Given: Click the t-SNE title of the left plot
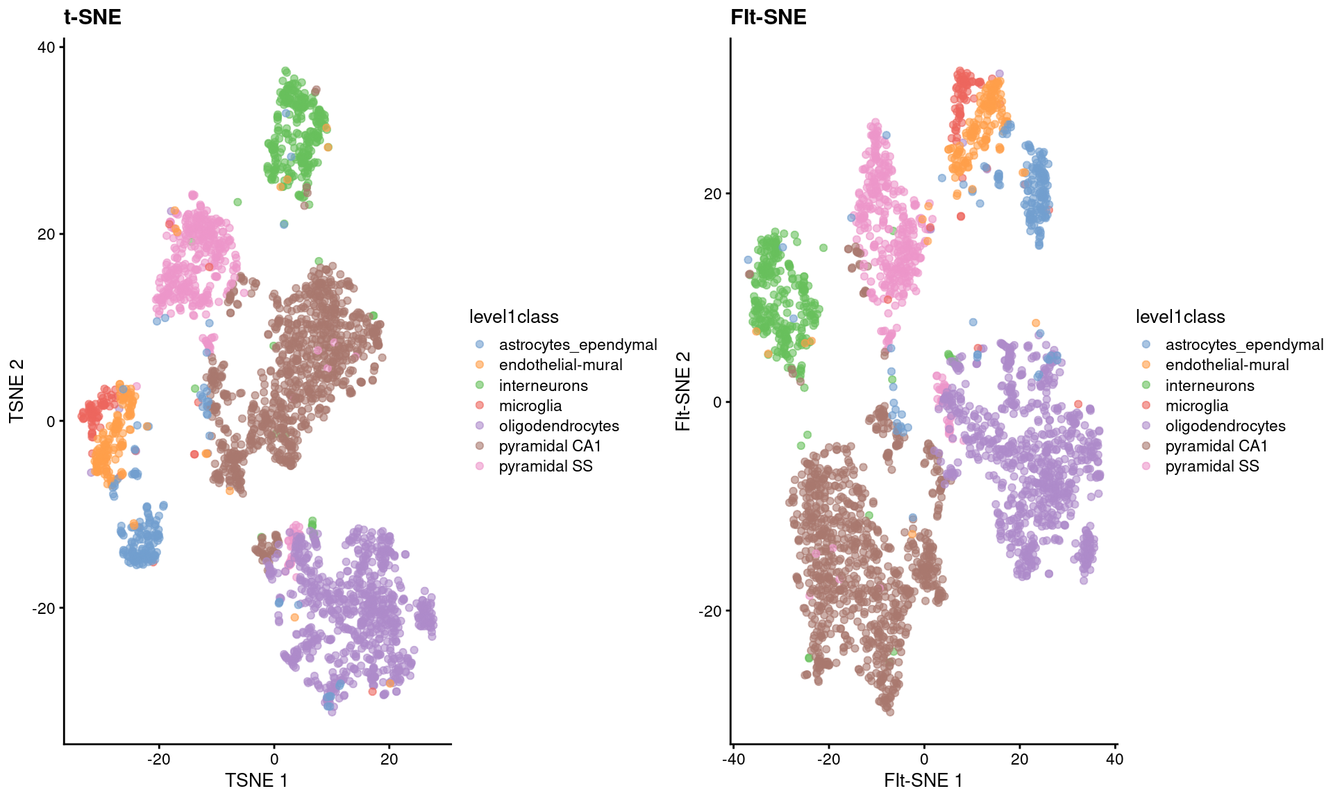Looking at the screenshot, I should click(92, 17).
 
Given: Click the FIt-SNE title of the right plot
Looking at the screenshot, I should click(768, 17).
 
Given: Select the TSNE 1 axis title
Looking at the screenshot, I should click(256, 781).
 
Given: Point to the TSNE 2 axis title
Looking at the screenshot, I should click(17, 392).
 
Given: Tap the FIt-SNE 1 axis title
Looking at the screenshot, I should click(923, 781).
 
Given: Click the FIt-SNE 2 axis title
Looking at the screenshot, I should click(683, 392).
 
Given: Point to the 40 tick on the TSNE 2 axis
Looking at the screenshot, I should click(47, 47).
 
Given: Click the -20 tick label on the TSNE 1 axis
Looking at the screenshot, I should click(158, 759).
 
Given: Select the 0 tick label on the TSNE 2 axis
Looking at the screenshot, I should click(51, 422).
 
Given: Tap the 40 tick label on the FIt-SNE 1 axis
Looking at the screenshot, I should click(1114, 759).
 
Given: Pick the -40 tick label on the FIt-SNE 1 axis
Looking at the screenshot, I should click(733, 759).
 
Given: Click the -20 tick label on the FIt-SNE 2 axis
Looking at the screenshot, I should click(710, 611).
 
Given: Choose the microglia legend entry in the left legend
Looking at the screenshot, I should click(530, 406).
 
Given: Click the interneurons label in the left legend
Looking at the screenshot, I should click(543, 385).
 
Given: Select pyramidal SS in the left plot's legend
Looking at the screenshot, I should click(545, 466).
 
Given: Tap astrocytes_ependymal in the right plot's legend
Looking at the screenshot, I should click(1244, 344).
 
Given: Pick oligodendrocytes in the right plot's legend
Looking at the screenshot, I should click(1225, 426).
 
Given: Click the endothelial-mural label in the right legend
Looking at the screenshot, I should click(1227, 365).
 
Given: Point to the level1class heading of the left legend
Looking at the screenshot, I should click(514, 317).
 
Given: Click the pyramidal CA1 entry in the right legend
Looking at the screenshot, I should click(1216, 446).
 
